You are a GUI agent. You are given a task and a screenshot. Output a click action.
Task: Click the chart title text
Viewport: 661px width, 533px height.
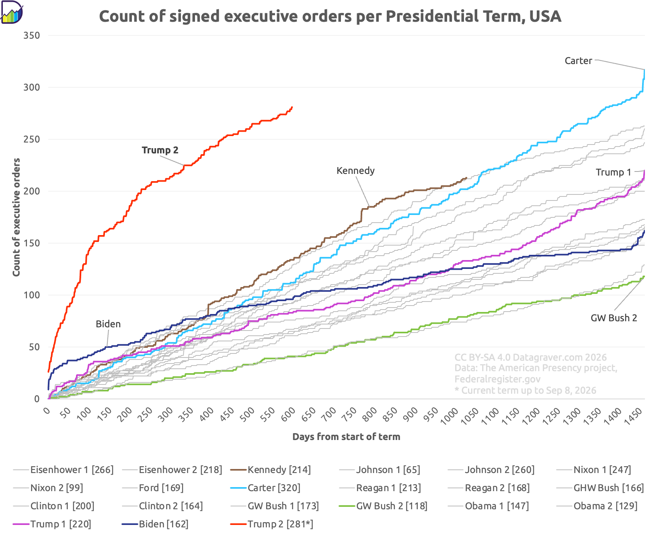coord(330,16)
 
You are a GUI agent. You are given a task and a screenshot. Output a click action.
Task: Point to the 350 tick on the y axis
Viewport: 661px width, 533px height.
coord(32,35)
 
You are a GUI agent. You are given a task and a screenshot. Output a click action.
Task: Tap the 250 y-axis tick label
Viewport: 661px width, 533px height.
coord(32,139)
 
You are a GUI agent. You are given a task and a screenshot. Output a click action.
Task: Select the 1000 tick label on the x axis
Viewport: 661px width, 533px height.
coord(450,416)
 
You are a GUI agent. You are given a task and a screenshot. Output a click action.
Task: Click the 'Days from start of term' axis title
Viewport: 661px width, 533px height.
coord(346,437)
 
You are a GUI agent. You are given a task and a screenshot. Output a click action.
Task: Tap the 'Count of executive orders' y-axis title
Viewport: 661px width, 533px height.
coord(16,217)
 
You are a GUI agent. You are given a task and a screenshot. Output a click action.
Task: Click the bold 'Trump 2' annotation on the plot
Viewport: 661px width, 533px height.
coord(160,150)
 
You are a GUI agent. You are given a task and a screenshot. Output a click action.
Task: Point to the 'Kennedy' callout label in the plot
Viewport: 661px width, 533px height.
coord(356,170)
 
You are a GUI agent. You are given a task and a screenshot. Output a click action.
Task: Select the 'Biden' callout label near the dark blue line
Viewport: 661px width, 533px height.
coord(108,324)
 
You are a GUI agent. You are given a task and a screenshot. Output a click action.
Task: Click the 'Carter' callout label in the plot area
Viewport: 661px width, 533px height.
coord(578,61)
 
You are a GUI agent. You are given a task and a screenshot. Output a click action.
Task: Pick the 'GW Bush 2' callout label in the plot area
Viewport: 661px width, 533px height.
coord(614,318)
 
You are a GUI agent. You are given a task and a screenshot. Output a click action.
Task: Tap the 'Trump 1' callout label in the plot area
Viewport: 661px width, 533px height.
coord(614,172)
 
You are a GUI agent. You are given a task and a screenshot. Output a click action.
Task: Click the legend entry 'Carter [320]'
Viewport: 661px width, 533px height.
coord(265,488)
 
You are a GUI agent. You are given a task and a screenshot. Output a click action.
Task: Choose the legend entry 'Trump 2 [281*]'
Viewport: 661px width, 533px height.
coord(272,524)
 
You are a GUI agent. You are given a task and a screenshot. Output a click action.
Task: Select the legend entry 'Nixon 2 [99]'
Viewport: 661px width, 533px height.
coord(48,488)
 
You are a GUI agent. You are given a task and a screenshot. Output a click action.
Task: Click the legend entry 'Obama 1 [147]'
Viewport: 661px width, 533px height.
coord(489,506)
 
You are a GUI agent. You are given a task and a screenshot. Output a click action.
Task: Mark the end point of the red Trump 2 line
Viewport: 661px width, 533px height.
coord(292,107)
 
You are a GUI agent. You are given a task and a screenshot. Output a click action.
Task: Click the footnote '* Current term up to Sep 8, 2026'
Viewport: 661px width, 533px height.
coord(525,390)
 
